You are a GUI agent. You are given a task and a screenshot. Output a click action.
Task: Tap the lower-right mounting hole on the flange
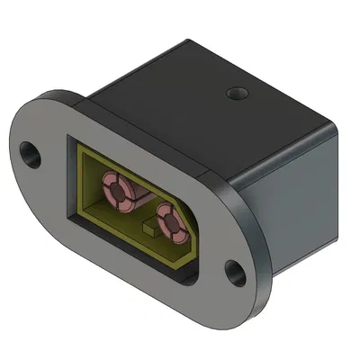[x=235, y=271]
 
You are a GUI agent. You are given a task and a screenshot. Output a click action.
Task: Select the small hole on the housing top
[x=237, y=93]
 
